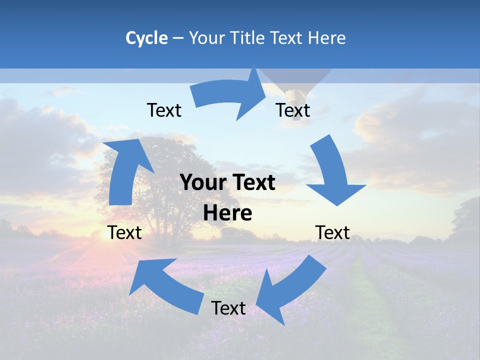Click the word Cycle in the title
coord(146,38)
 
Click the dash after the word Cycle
coord(177,38)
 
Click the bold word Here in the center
coord(227,213)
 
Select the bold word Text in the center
coord(253,183)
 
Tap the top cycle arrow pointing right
coord(230,95)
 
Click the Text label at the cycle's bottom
coord(228,308)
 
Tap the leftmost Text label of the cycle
coord(124,232)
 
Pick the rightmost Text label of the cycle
coord(332,232)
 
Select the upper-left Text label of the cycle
coord(164,110)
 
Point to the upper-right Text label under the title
coord(293,110)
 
